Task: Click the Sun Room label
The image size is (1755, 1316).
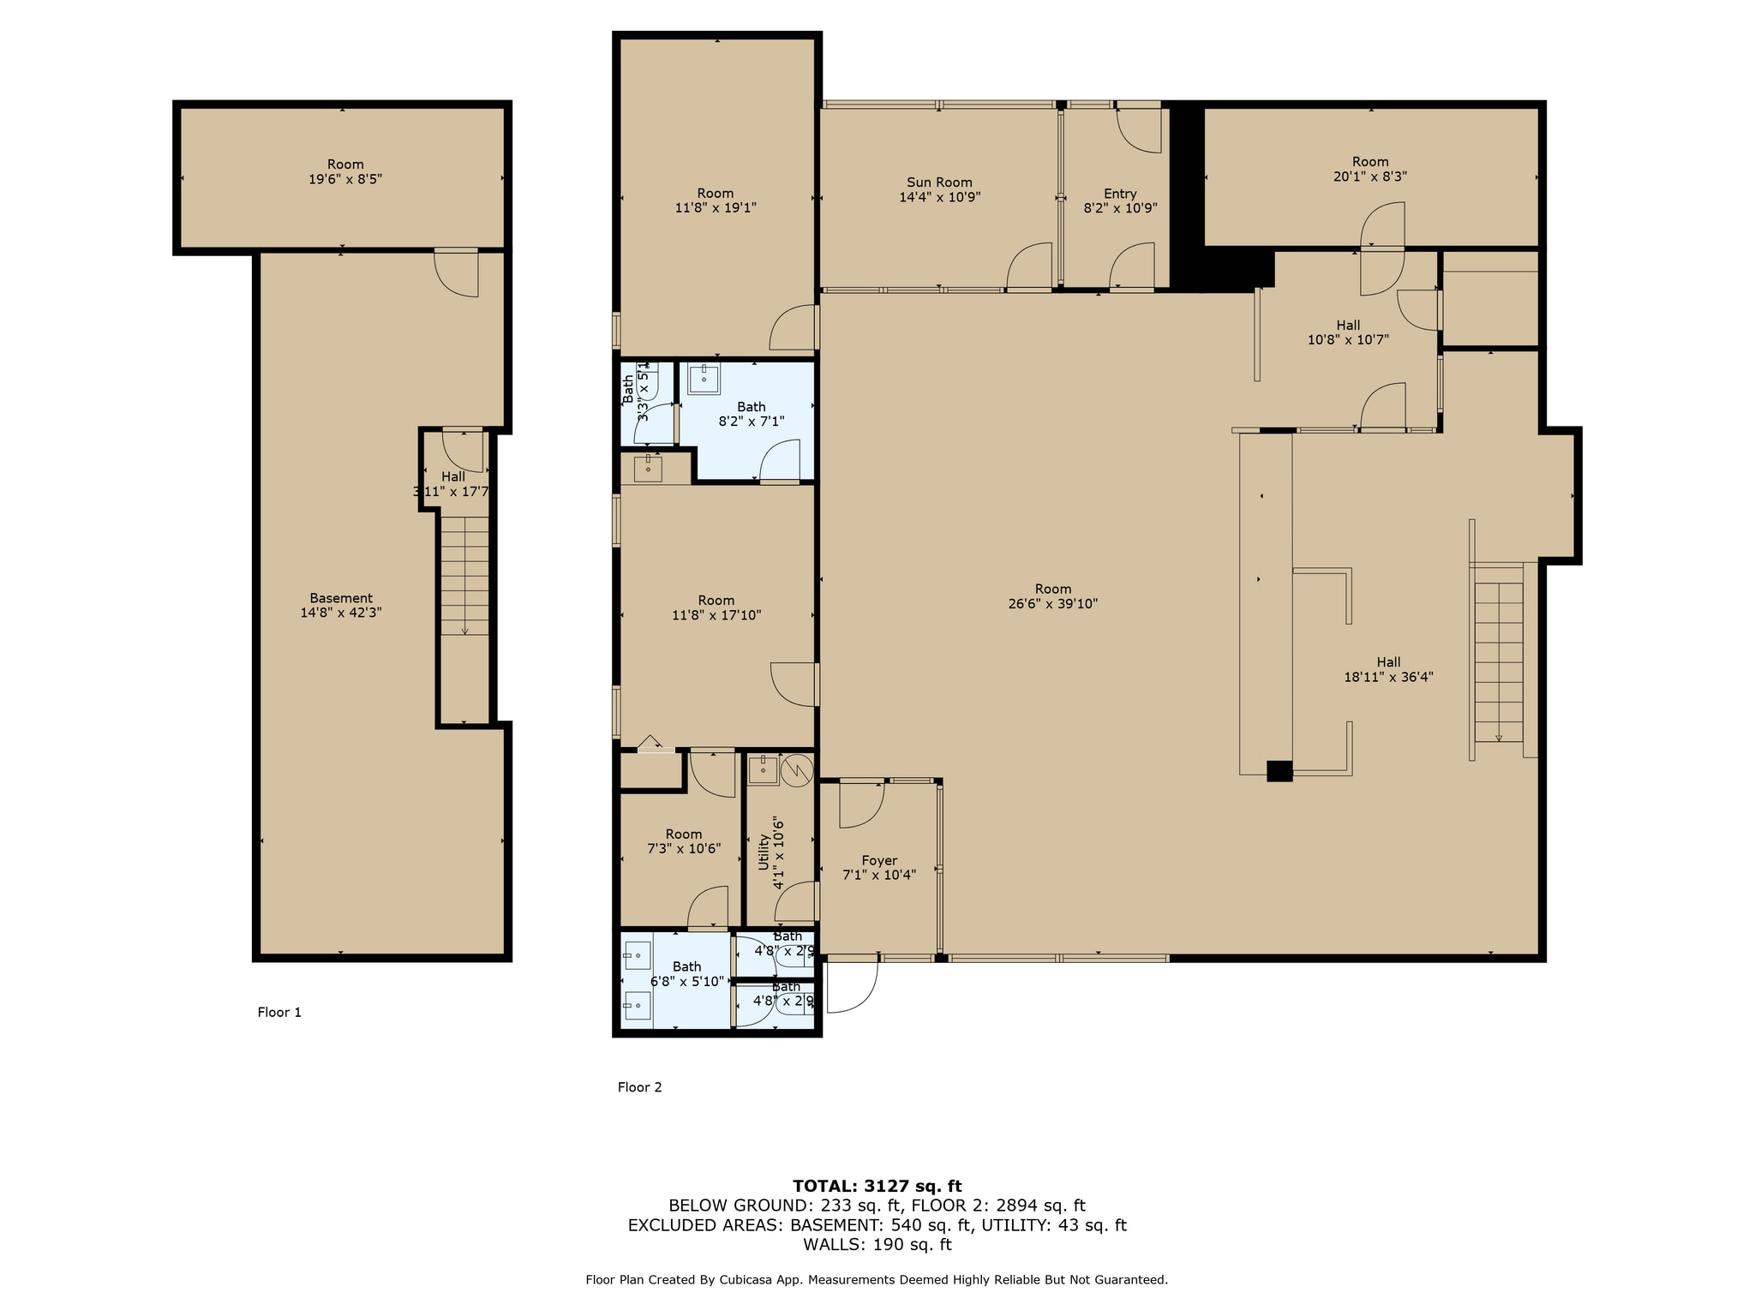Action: [x=939, y=189]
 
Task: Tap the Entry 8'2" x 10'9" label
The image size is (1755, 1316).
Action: [x=1120, y=200]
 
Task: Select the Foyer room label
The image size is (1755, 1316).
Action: [x=879, y=867]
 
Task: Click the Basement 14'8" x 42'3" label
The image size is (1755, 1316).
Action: [x=341, y=605]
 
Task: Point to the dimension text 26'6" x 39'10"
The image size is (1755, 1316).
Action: [x=1052, y=603]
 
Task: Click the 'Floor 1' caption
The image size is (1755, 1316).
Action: [x=279, y=1012]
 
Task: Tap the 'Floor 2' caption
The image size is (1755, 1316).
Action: [x=639, y=1087]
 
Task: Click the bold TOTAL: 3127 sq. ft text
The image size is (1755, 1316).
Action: [x=877, y=1186]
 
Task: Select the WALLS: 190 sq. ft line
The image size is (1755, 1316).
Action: [x=877, y=1244]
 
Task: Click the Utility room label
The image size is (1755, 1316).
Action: [x=770, y=853]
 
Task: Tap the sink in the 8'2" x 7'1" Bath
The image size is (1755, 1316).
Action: [x=704, y=378]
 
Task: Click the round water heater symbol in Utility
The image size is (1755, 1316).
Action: [x=797, y=769]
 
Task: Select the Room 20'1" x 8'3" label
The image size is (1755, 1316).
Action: [x=1370, y=169]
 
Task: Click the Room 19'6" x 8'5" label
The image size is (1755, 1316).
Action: [x=345, y=171]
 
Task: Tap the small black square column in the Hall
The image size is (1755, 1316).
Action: [x=1279, y=770]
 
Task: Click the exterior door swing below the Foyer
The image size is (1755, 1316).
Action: [x=853, y=985]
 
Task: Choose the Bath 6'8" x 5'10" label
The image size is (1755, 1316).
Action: [x=686, y=973]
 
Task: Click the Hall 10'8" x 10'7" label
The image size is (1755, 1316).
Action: [x=1348, y=332]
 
